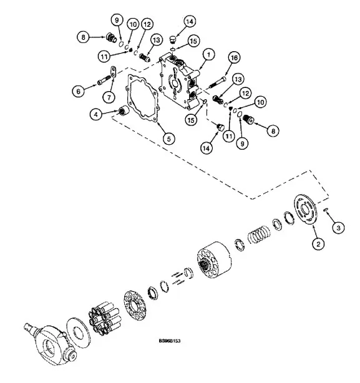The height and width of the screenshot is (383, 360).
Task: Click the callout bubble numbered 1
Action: [x=208, y=55]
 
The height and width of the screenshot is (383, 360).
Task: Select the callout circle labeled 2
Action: [x=318, y=243]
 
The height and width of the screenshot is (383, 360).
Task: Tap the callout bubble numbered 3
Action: [x=338, y=228]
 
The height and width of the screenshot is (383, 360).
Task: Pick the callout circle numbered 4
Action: [x=96, y=114]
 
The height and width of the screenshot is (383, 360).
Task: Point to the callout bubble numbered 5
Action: [x=168, y=139]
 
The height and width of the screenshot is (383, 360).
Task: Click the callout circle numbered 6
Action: [x=79, y=91]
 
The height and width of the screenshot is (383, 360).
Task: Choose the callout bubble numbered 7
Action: [x=109, y=97]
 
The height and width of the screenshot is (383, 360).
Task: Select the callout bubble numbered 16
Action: [x=234, y=57]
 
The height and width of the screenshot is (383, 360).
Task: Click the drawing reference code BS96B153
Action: [x=170, y=341]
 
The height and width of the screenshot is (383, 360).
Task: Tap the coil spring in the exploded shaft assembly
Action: [x=260, y=235]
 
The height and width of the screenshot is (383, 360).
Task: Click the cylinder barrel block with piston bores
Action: [x=214, y=260]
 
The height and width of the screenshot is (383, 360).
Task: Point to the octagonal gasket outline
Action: [x=142, y=98]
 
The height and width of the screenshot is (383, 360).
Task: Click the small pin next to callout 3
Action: [x=326, y=210]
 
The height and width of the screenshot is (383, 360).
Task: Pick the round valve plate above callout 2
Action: [x=305, y=210]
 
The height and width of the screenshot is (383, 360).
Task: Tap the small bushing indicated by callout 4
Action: [x=124, y=110]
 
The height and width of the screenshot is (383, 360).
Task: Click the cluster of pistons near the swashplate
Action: [x=105, y=318]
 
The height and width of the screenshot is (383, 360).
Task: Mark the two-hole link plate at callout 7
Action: [x=113, y=71]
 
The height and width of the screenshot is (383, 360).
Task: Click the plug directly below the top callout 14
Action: [x=173, y=39]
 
